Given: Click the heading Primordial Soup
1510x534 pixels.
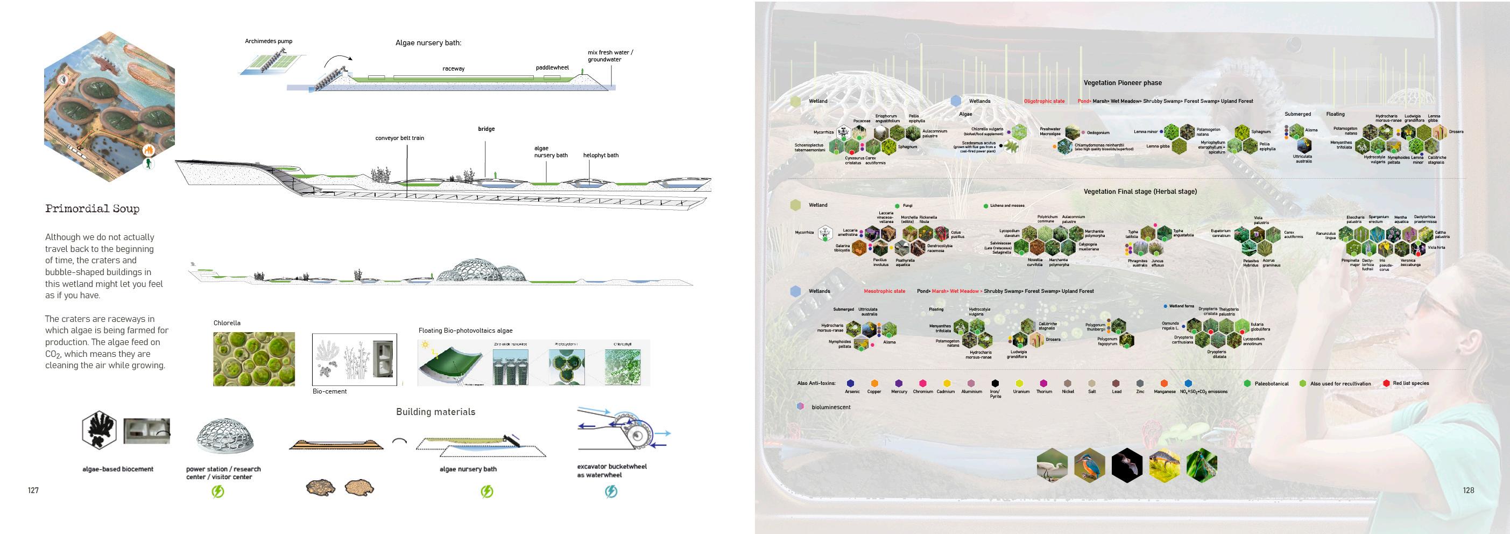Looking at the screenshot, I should click(x=92, y=209).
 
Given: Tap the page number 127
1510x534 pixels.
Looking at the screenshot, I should click(x=33, y=490).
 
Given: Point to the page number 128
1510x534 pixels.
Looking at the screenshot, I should click(x=1469, y=490).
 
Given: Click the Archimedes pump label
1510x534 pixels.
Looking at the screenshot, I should click(x=269, y=41).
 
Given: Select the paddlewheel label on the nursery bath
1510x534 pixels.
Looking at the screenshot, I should click(x=552, y=67).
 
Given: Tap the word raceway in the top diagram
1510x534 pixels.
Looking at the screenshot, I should click(x=453, y=68).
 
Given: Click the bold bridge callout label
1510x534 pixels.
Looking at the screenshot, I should click(x=486, y=129).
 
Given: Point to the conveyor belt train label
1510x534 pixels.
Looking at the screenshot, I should click(x=399, y=138).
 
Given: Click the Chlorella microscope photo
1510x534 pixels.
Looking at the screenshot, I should click(x=254, y=359).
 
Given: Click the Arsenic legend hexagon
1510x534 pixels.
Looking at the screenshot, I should click(x=851, y=383).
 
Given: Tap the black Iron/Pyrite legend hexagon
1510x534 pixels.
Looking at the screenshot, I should click(x=995, y=383).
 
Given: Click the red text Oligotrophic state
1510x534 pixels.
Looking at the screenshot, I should click(x=1044, y=101).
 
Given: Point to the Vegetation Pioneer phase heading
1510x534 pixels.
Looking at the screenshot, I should click(x=1123, y=83).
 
